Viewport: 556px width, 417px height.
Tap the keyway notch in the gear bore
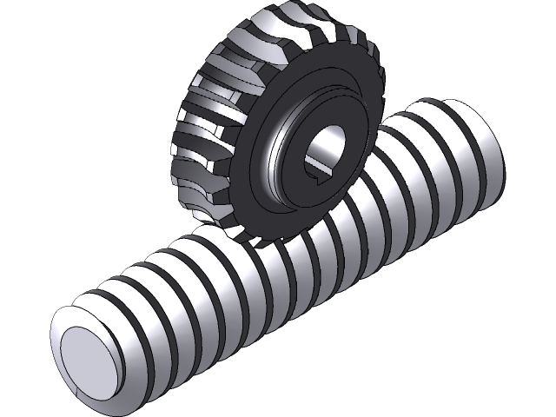pos(319,175)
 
